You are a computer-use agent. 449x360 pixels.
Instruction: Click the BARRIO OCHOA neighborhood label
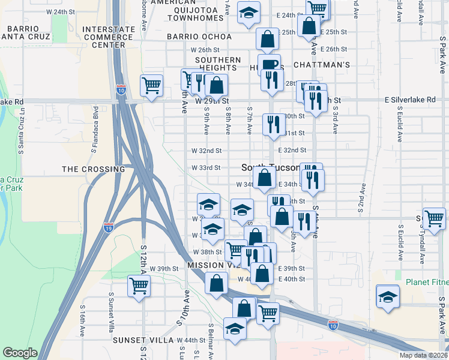click(199, 37)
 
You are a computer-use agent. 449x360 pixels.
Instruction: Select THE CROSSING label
click(93, 169)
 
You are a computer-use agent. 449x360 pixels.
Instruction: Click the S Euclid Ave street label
click(399, 241)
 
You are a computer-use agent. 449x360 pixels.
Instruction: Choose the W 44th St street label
click(190, 340)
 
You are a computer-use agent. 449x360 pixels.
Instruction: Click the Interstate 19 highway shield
click(109, 227)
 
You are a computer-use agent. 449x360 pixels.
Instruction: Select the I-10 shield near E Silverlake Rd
click(121, 90)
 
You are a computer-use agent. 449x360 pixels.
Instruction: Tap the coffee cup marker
click(271, 64)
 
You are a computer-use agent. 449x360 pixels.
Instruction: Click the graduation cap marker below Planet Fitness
click(388, 297)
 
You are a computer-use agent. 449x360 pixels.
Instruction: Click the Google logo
click(20, 353)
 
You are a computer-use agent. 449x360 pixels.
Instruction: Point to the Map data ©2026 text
click(423, 355)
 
